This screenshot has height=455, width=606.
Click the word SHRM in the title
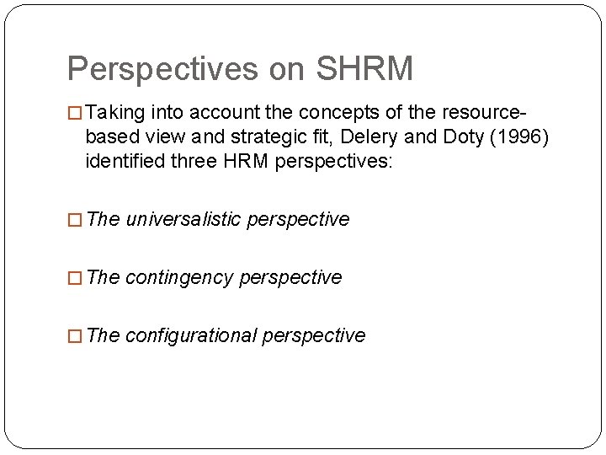[x=365, y=69]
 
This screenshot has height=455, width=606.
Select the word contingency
[x=179, y=277]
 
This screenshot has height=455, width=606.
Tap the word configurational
[x=191, y=335]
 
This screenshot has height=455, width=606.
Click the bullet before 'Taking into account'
[x=74, y=113]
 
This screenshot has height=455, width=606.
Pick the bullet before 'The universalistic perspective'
[x=74, y=220]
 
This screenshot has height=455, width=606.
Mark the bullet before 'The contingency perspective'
[x=74, y=278]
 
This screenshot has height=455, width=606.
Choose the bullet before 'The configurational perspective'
[x=74, y=336]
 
